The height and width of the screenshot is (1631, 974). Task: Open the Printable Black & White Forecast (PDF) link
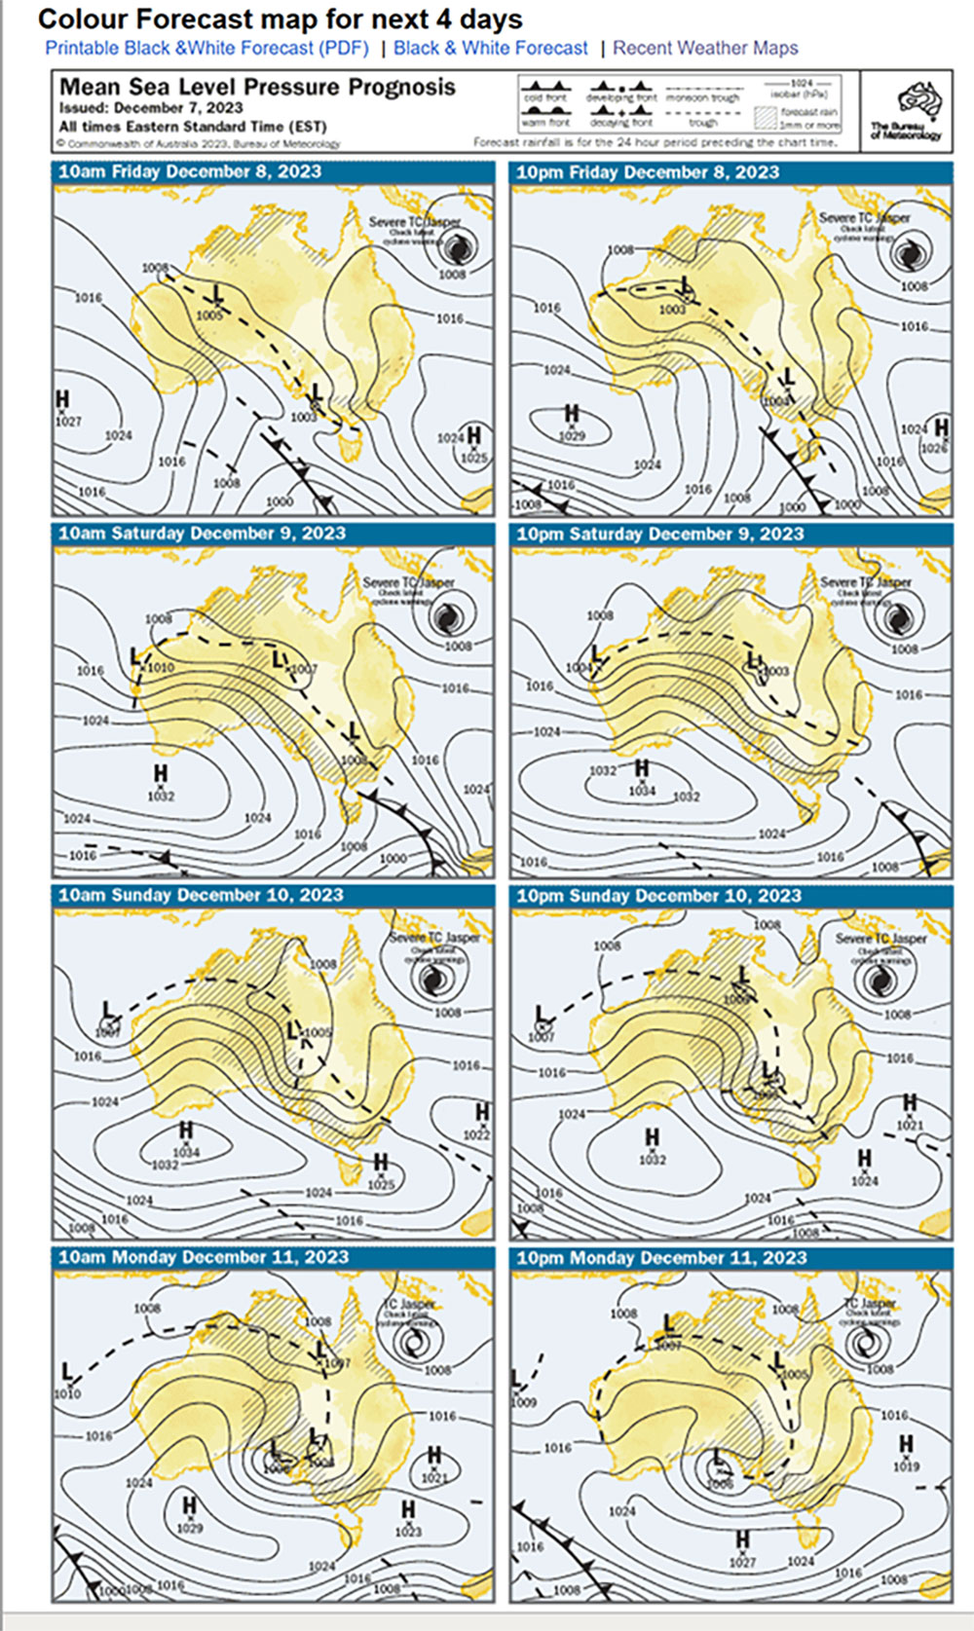tap(206, 48)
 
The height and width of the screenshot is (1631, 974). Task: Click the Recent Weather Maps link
tap(705, 48)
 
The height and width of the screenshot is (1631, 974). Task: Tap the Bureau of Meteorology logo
tap(906, 110)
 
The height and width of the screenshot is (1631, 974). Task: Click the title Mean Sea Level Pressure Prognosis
tap(257, 88)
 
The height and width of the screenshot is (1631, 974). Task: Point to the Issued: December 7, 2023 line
tap(151, 108)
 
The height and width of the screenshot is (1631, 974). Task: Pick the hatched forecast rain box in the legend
tap(768, 117)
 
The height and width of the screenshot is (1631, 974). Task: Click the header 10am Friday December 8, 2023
tap(190, 172)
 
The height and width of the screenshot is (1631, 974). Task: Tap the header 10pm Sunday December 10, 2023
tap(658, 896)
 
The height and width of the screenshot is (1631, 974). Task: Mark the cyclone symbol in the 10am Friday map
tap(454, 248)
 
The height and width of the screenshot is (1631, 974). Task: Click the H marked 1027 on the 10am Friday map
tap(63, 399)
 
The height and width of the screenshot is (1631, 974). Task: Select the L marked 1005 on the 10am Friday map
tap(216, 292)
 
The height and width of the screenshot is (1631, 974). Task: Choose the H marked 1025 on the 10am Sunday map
tap(381, 1163)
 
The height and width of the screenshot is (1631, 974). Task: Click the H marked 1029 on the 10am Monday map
tap(189, 1507)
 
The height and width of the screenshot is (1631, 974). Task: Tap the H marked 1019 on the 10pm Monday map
tap(906, 1444)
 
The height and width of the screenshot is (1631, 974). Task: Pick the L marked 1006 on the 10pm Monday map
tap(718, 1457)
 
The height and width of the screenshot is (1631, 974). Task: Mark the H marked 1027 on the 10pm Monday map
tap(742, 1539)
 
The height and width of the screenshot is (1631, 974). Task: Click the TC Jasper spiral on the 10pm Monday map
tap(863, 1343)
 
